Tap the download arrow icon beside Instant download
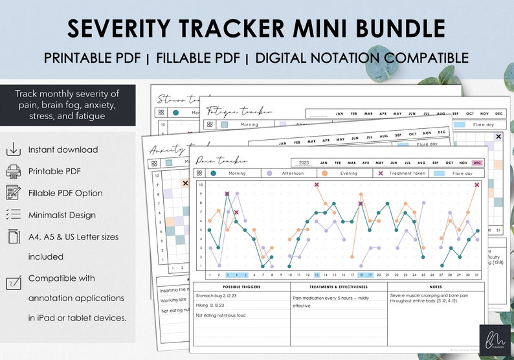13,150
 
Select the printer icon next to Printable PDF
13,172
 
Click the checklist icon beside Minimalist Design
13,215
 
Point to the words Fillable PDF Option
65,193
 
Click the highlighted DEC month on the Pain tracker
478,163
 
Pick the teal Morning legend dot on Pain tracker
214,173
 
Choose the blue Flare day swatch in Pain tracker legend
439,173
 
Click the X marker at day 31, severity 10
477,185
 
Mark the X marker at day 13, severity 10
317,185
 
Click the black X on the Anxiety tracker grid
186,183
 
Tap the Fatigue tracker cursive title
230,111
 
